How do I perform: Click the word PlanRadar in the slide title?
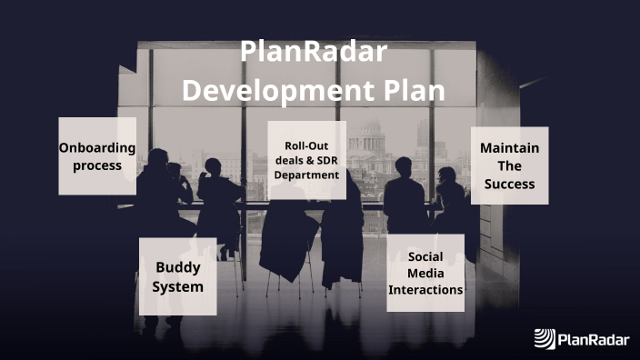[315, 53]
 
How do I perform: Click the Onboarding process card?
[97, 155]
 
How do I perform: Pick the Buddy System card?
[177, 275]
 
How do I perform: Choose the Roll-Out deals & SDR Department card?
[306, 160]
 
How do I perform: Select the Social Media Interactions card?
[425, 273]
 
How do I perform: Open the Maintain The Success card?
[509, 165]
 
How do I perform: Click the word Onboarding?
[97, 147]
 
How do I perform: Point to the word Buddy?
[177, 267]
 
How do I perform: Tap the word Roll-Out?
[306, 145]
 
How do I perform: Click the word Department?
[306, 175]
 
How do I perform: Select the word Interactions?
[425, 290]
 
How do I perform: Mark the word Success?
[509, 184]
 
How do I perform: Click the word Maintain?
[509, 147]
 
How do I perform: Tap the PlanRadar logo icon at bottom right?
[544, 339]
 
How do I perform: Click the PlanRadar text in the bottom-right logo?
[593, 339]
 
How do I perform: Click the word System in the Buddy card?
[177, 286]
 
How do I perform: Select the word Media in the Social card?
[425, 273]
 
